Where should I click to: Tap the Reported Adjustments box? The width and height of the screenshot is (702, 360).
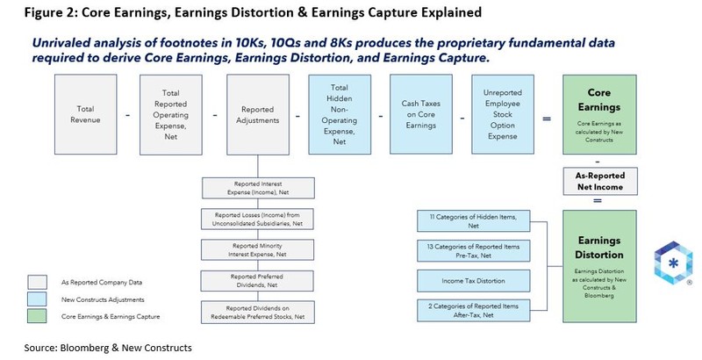tap(255, 114)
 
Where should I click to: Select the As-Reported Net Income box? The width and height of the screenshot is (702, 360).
tap(600, 181)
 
